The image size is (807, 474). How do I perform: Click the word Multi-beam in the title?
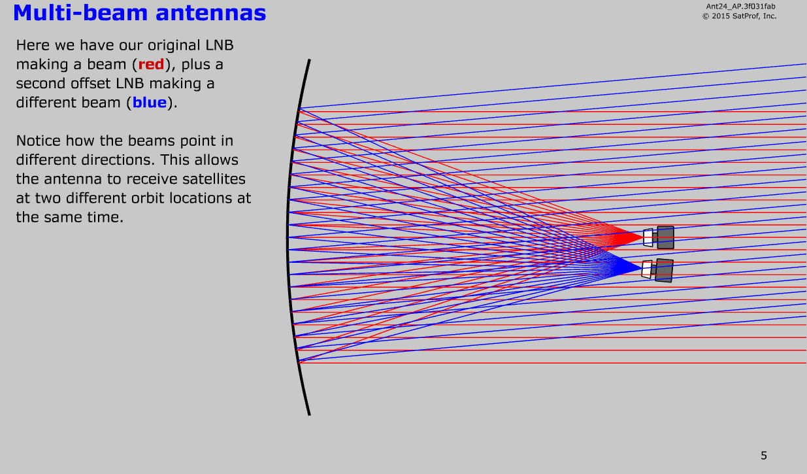click(80, 13)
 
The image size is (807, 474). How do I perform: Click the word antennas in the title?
click(211, 13)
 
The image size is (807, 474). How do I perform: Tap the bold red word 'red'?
click(152, 65)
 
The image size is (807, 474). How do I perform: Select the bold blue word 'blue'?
click(150, 103)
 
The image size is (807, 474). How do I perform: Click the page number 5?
click(764, 456)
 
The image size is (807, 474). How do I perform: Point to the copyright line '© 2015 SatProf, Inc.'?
click(739, 16)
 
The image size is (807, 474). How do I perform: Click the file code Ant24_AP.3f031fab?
click(740, 7)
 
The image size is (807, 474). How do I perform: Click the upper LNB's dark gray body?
click(665, 237)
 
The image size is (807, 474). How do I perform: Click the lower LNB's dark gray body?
click(664, 270)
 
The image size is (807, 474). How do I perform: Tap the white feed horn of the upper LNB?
click(648, 238)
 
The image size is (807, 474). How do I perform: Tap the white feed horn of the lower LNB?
click(647, 269)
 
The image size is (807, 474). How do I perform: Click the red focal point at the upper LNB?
click(643, 237)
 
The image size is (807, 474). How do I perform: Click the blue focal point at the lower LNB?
click(641, 268)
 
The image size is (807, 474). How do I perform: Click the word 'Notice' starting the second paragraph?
click(38, 141)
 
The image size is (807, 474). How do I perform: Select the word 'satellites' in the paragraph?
click(215, 179)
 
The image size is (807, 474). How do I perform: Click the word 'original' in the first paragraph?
click(174, 45)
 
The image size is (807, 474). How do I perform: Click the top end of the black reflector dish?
click(310, 60)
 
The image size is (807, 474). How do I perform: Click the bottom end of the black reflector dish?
click(310, 415)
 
